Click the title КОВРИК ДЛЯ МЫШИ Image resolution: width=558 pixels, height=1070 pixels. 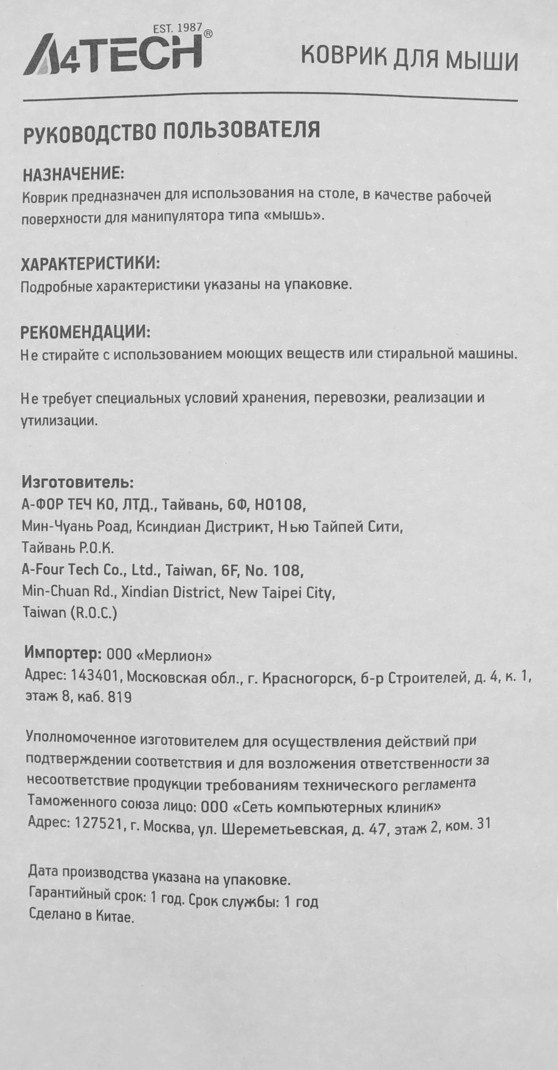coord(409,59)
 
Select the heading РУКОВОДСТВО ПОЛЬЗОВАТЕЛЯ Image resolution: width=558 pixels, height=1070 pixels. coord(171,131)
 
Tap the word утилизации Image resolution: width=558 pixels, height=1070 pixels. coord(59,421)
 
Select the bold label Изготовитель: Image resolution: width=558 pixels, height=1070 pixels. coord(77,483)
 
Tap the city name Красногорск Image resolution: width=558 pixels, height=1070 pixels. coord(311,679)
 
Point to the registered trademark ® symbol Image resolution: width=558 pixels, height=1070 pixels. coord(208,34)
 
